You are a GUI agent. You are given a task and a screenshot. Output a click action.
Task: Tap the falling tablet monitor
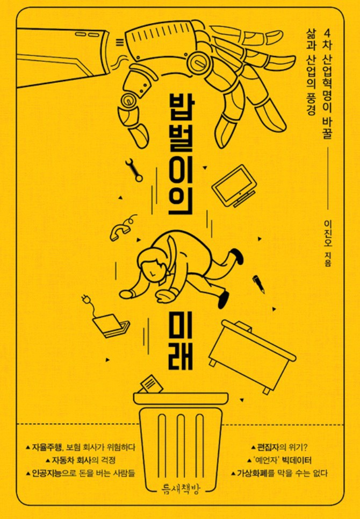click(234, 186)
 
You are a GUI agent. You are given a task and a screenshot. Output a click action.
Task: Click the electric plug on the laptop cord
click(85, 299)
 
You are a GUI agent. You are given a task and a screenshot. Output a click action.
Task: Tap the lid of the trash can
click(181, 398)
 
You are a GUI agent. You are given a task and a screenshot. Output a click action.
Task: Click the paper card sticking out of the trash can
click(151, 383)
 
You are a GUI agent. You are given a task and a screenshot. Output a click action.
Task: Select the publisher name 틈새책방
click(180, 488)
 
